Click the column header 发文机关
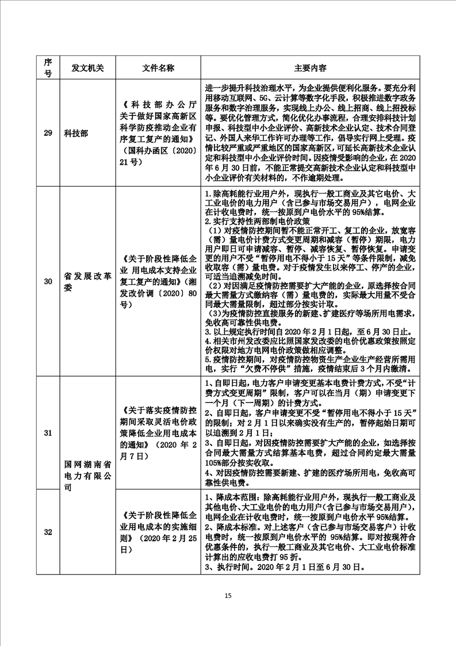click(x=84, y=68)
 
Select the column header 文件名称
click(x=158, y=68)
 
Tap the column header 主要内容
click(x=311, y=68)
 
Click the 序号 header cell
click(x=48, y=68)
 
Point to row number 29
click(x=48, y=133)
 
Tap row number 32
click(x=48, y=531)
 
